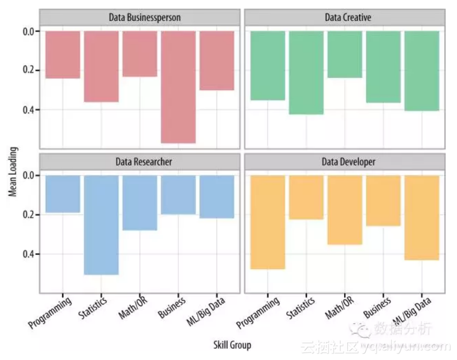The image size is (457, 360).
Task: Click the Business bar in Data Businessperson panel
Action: click(x=178, y=87)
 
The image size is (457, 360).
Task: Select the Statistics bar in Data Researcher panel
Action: click(x=101, y=225)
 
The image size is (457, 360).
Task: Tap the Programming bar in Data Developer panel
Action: click(x=267, y=222)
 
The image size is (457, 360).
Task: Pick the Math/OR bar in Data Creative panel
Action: click(x=345, y=55)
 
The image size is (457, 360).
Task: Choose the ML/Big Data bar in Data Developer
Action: click(x=421, y=218)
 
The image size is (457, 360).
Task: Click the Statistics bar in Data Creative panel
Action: click(x=306, y=73)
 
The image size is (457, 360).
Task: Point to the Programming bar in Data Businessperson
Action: click(x=63, y=55)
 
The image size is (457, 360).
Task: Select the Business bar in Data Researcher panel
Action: click(x=178, y=195)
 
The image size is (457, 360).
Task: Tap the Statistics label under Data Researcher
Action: click(x=93, y=308)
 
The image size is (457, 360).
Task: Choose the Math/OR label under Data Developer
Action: click(x=339, y=308)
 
